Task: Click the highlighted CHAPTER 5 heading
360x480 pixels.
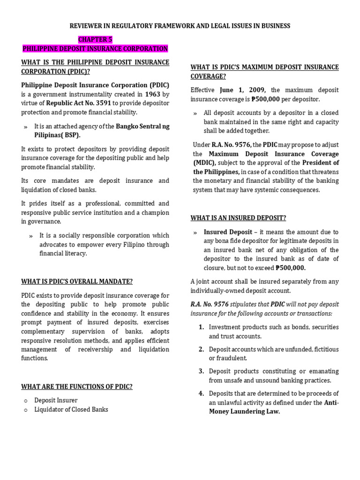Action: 96,39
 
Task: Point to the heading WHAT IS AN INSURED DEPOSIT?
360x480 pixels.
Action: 238,217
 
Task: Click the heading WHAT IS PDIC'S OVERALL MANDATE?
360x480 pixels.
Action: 77,281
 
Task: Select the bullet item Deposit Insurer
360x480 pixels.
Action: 56,400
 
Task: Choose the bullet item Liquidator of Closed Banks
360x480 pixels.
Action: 71,409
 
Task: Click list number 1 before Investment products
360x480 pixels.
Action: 201,327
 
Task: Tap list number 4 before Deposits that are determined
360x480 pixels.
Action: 201,393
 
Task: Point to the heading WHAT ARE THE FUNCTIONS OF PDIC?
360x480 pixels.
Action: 77,386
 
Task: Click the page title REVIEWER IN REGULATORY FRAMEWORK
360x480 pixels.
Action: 180,26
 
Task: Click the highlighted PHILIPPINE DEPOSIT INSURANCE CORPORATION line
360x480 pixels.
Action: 95,49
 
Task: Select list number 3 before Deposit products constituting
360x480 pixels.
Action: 201,371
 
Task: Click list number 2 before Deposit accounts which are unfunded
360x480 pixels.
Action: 201,349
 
